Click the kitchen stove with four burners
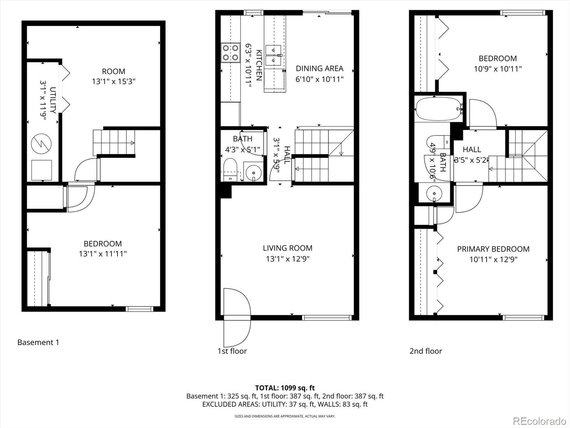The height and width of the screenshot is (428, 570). tap(230, 52)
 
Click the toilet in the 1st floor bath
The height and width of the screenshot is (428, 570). tap(230, 169)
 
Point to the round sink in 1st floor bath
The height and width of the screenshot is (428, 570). tap(254, 173)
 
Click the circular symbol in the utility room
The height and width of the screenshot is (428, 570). tap(41, 144)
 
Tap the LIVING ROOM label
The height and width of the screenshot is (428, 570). tap(287, 248)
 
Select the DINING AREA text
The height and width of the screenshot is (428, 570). tap(320, 68)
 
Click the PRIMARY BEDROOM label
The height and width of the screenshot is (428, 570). tap(493, 249)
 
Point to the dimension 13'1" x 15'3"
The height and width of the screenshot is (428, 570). tap(114, 81)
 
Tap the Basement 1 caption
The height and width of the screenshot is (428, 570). tap(38, 342)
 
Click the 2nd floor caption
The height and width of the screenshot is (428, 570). tap(425, 351)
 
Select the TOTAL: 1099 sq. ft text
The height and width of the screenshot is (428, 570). tap(285, 388)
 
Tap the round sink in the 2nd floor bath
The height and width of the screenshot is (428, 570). tap(434, 194)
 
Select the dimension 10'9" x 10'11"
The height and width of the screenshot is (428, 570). tap(497, 69)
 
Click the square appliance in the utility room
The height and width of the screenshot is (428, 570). tap(42, 170)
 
